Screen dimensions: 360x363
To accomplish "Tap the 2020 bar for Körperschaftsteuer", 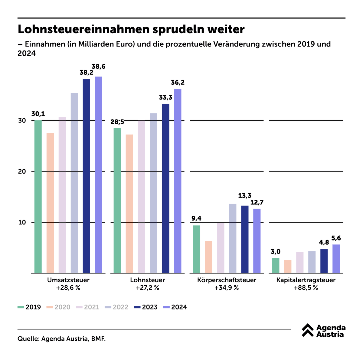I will [x=208, y=257].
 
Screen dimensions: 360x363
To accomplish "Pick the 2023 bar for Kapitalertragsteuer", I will [x=324, y=261].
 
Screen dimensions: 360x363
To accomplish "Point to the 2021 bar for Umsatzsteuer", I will [x=62, y=195].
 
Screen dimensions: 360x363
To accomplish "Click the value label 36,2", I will [x=178, y=83].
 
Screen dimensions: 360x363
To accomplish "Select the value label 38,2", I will [x=86, y=73].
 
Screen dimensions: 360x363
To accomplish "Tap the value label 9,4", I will [x=196, y=218].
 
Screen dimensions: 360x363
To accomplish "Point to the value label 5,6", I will [x=336, y=238].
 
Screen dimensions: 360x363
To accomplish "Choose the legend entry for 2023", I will [x=146, y=307].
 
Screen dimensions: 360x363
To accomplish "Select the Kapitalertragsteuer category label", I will [x=306, y=280].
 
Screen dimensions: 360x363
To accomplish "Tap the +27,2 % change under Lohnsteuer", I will [x=147, y=288].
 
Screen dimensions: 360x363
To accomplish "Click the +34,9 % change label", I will [x=227, y=288].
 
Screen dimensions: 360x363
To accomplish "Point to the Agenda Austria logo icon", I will [x=308, y=330].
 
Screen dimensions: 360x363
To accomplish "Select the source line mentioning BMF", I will [x=62, y=339].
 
